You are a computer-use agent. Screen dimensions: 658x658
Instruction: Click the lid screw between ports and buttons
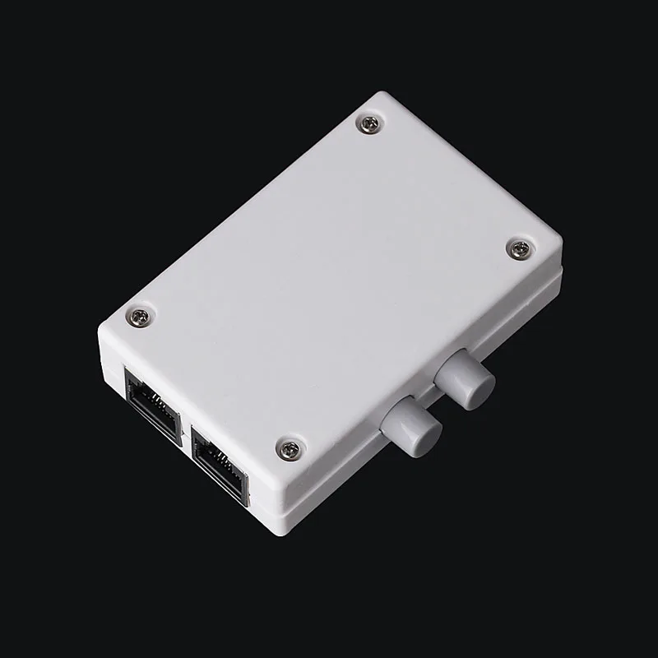[x=290, y=448]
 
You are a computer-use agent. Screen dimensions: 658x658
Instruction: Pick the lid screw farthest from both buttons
[x=369, y=124]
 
